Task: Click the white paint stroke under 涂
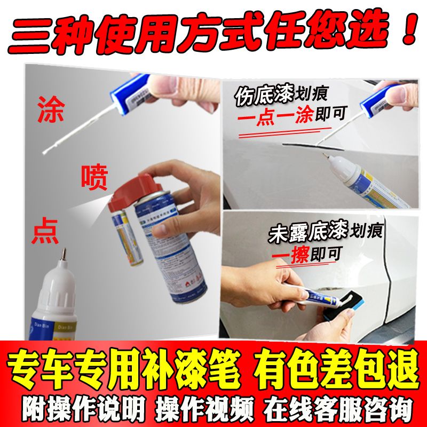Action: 80,135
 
